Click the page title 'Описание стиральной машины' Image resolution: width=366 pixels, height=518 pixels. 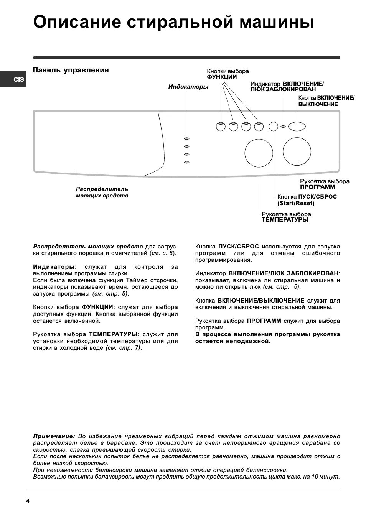coord(173,22)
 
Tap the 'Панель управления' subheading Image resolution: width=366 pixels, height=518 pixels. coord(71,70)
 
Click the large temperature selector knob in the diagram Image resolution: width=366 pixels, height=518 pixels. coord(259,153)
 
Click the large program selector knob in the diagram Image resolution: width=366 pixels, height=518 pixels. coord(297,151)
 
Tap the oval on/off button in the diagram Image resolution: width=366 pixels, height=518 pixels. coord(297,126)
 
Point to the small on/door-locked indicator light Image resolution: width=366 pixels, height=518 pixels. coord(283,126)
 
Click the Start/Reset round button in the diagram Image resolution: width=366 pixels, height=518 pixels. coord(273,126)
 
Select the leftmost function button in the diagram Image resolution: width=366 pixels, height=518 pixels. coord(221,126)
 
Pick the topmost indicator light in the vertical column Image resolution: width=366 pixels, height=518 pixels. coord(187,138)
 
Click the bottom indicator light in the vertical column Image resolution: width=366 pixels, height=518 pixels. coord(187,163)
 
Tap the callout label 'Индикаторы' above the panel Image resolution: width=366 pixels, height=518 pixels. coord(188,87)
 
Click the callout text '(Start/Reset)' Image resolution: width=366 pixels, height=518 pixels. coord(295,203)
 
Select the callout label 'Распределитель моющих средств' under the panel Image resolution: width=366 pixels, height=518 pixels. coord(102,192)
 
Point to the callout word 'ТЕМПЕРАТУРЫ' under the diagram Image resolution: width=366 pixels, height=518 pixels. coord(285,220)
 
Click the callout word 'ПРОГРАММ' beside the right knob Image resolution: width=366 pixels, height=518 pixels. coord(317,187)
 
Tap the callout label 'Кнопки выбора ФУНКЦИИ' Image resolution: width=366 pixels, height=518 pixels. coord(228,74)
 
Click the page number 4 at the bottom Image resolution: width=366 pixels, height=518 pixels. coord(28,501)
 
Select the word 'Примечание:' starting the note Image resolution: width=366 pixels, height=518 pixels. coord(54,436)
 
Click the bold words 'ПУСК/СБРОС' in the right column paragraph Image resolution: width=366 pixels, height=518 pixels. coord(238,246)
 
